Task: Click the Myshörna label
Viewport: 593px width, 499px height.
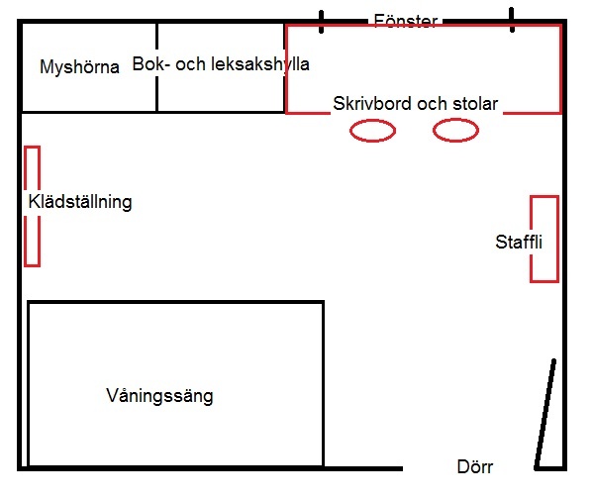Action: coord(79,67)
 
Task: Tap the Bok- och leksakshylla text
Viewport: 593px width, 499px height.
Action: coord(221,64)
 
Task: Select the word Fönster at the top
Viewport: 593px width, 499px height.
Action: coord(406,21)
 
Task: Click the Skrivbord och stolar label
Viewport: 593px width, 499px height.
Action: coord(415,103)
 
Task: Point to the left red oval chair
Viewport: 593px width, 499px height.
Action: coord(372,122)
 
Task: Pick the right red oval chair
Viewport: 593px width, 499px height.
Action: coord(455,121)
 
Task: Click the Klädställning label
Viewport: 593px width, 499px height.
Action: coord(80,202)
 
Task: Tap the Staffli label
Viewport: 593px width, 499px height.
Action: coord(519,243)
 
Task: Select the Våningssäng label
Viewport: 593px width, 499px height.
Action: coord(159,396)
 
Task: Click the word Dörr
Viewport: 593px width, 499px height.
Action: coord(475,467)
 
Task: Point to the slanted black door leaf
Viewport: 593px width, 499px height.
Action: coord(544,414)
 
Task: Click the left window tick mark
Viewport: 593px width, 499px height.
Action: coord(321,22)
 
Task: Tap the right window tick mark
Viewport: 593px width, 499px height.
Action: coord(512,20)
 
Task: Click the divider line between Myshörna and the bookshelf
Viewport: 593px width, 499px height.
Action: coord(156,67)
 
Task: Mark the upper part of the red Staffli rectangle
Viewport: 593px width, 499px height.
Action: coord(544,197)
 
